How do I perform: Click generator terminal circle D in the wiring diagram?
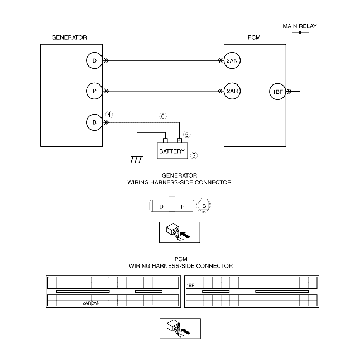tap(94, 60)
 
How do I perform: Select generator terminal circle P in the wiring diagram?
tap(94, 91)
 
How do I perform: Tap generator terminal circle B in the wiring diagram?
tap(94, 121)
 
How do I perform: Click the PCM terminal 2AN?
tap(232, 60)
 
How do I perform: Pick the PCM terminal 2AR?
tap(232, 91)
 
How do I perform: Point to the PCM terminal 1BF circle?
tap(277, 92)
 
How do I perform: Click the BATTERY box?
tap(171, 151)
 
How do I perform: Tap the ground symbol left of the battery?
tap(135, 160)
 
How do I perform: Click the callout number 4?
tap(110, 115)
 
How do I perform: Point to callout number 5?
tap(187, 134)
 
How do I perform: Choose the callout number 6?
tap(163, 117)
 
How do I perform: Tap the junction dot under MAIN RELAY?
tap(300, 32)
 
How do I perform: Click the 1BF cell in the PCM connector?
tap(190, 285)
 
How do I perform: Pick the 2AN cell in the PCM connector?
tap(95, 303)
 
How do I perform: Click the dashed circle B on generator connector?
tap(205, 206)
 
